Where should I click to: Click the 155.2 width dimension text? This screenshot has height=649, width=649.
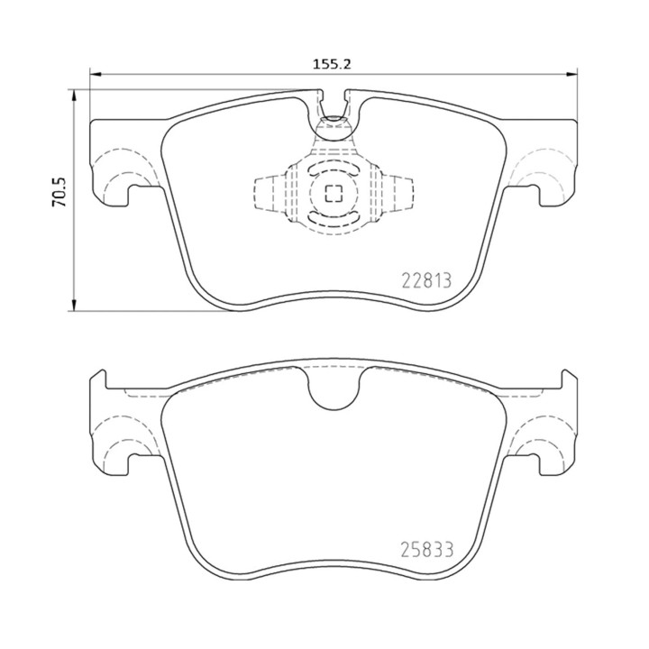coord(331,64)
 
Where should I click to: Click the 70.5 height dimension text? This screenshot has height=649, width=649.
coord(59,192)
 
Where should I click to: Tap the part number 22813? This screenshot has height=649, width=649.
coord(426,281)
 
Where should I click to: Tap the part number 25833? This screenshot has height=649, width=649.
coord(427,550)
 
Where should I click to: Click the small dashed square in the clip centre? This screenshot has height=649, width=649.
coord(334,193)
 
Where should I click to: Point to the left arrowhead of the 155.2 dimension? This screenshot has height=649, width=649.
coord(96,75)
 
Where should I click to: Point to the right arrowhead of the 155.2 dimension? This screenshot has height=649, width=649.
coord(571,75)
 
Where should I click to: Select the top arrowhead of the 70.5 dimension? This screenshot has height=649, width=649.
coord(74,96)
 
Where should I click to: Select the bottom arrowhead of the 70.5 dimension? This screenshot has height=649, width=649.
coord(74,305)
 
